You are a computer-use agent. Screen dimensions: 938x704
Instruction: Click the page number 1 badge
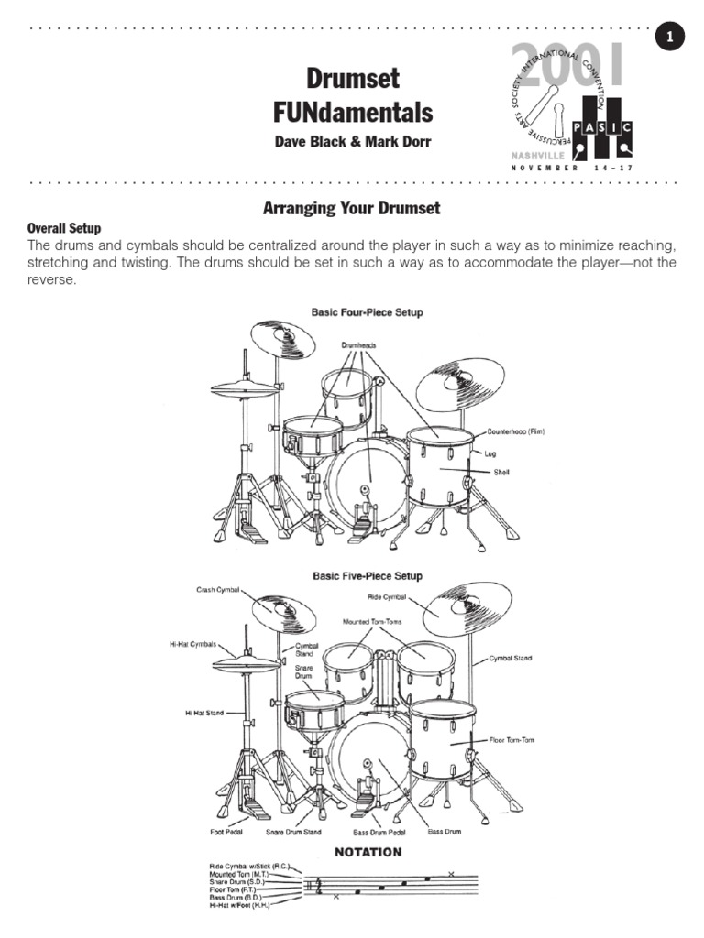[x=670, y=37]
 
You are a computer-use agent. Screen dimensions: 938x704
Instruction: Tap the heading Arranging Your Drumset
[x=352, y=208]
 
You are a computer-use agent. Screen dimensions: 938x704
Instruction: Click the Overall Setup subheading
[x=64, y=227]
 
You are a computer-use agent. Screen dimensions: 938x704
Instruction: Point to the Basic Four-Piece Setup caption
[x=367, y=312]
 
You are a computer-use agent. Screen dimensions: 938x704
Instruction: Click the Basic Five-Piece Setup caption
[x=367, y=576]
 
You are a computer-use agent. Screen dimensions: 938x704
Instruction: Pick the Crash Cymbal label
[x=216, y=589]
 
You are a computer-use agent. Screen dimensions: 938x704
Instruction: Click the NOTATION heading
[x=368, y=852]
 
